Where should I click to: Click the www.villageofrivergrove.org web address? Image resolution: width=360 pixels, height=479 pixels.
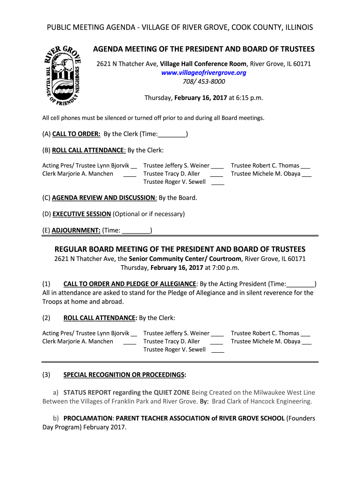(x=203, y=73)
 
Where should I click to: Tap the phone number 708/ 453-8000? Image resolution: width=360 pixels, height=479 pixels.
(x=203, y=81)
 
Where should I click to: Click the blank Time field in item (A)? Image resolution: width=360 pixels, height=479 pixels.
(x=173, y=135)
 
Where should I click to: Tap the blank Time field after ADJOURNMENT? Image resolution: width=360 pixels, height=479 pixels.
(x=136, y=231)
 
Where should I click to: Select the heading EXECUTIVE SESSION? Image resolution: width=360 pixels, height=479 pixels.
(x=82, y=214)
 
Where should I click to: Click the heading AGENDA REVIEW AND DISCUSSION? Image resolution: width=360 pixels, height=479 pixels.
(x=104, y=198)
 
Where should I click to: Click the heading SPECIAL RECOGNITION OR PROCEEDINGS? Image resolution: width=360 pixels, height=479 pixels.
(x=124, y=375)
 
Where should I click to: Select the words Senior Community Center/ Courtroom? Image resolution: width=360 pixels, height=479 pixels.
(x=185, y=259)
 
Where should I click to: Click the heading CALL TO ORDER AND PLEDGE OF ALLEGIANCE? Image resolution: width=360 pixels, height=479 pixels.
(x=130, y=284)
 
